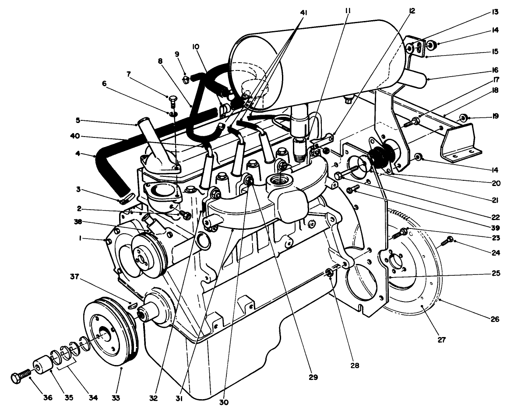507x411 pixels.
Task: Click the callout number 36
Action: (47, 398)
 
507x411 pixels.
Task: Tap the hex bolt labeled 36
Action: (20, 377)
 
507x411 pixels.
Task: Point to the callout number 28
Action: (355, 365)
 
